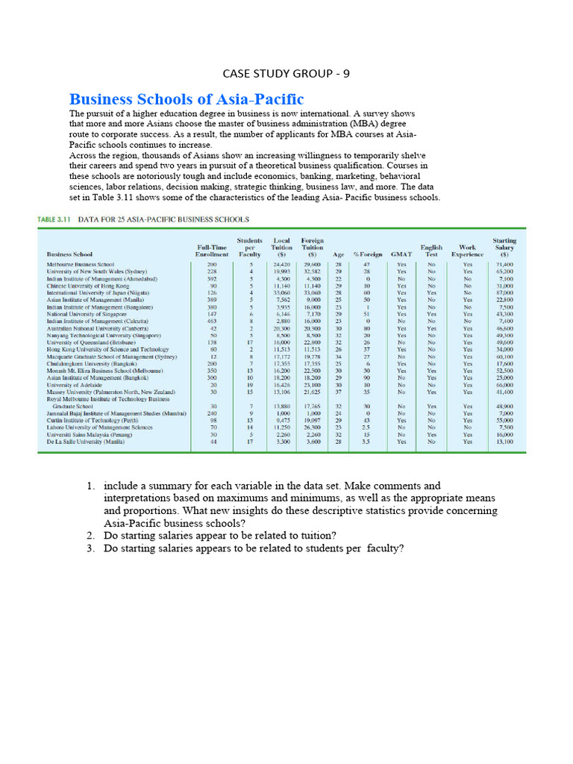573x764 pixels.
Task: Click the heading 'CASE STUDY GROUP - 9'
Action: [x=286, y=73]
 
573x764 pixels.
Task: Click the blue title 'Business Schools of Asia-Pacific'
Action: [x=187, y=99]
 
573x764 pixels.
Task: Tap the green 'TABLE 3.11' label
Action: [x=54, y=219]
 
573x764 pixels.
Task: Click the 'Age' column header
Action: [x=338, y=254]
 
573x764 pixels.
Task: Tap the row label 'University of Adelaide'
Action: [x=77, y=384]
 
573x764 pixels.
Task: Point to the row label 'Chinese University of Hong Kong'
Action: [x=88, y=286]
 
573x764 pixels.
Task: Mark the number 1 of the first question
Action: [x=90, y=485]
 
